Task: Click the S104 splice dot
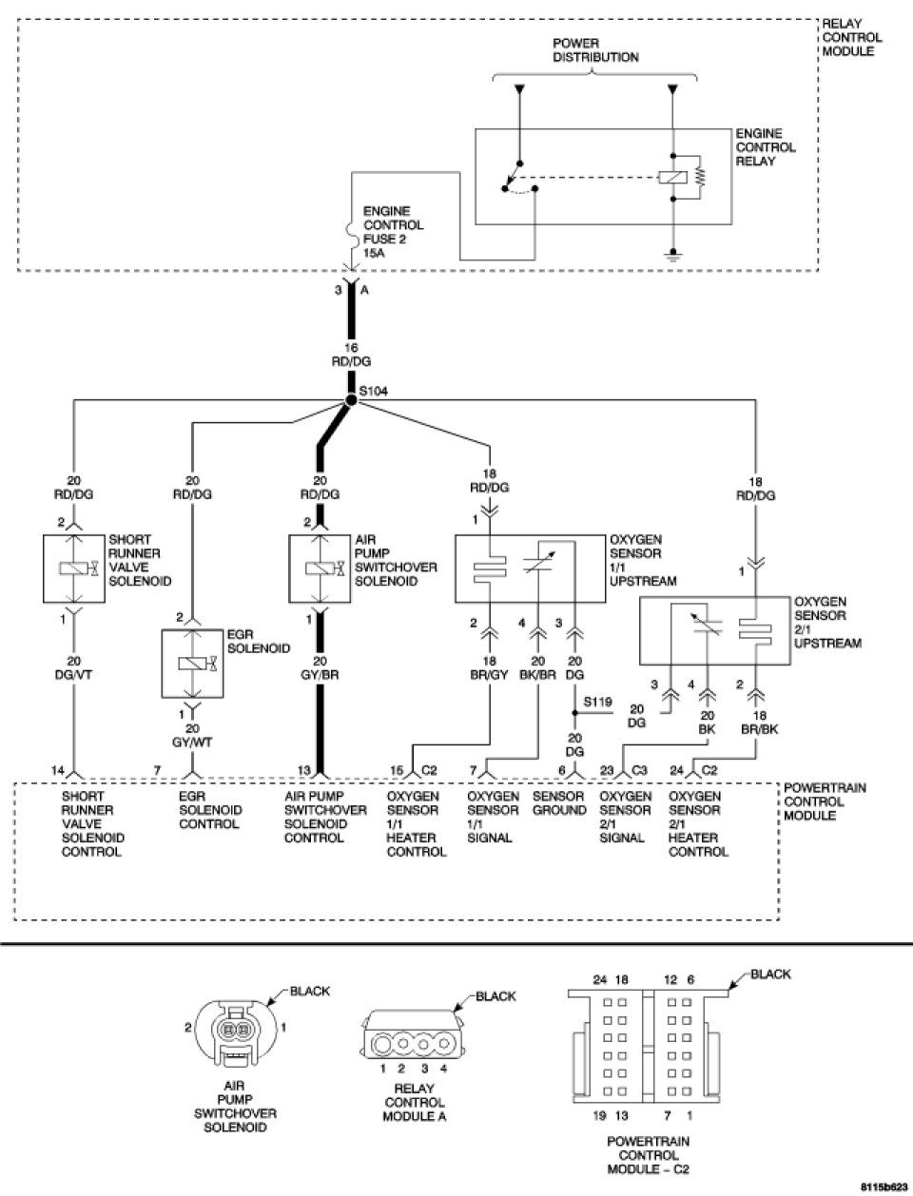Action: point(351,400)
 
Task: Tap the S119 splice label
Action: point(597,702)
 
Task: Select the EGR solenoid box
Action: point(192,664)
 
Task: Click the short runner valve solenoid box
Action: point(74,569)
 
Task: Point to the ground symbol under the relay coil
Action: point(673,255)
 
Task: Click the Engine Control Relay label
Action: point(766,147)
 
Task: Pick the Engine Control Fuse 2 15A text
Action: point(393,232)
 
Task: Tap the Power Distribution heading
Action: point(595,50)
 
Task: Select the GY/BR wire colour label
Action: point(320,675)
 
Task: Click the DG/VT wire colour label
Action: point(74,675)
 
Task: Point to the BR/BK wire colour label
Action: point(759,729)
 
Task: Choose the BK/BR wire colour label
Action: point(537,675)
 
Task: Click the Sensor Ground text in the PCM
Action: point(559,803)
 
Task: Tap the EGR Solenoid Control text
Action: point(210,810)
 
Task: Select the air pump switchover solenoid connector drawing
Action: point(234,1032)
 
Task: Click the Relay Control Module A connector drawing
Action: point(414,1043)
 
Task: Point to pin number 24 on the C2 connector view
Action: point(599,979)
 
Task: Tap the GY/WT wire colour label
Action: point(192,742)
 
